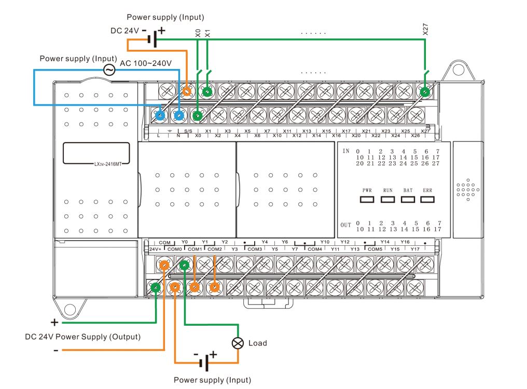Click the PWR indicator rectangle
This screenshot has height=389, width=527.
click(367, 199)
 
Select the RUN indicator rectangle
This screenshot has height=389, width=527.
click(388, 199)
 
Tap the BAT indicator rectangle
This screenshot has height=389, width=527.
click(408, 199)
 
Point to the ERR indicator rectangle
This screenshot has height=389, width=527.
click(427, 199)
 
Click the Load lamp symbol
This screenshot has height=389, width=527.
click(238, 343)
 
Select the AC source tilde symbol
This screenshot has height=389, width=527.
click(109, 70)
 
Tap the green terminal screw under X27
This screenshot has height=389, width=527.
click(425, 92)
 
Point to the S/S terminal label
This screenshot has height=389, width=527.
click(188, 131)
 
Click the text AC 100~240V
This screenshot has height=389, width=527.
click(146, 63)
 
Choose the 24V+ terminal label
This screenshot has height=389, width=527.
click(155, 249)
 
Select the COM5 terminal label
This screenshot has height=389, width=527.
click(375, 249)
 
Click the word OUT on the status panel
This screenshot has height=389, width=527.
click(346, 225)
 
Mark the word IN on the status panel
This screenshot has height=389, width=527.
click(346, 150)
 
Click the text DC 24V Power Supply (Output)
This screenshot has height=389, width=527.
click(83, 337)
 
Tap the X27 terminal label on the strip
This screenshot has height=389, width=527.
click(425, 131)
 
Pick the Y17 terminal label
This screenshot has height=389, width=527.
click(415, 249)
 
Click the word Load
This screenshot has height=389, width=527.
click(258, 343)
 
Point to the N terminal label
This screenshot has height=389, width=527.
click(178, 136)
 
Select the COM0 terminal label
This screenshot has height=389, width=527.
click(174, 249)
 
